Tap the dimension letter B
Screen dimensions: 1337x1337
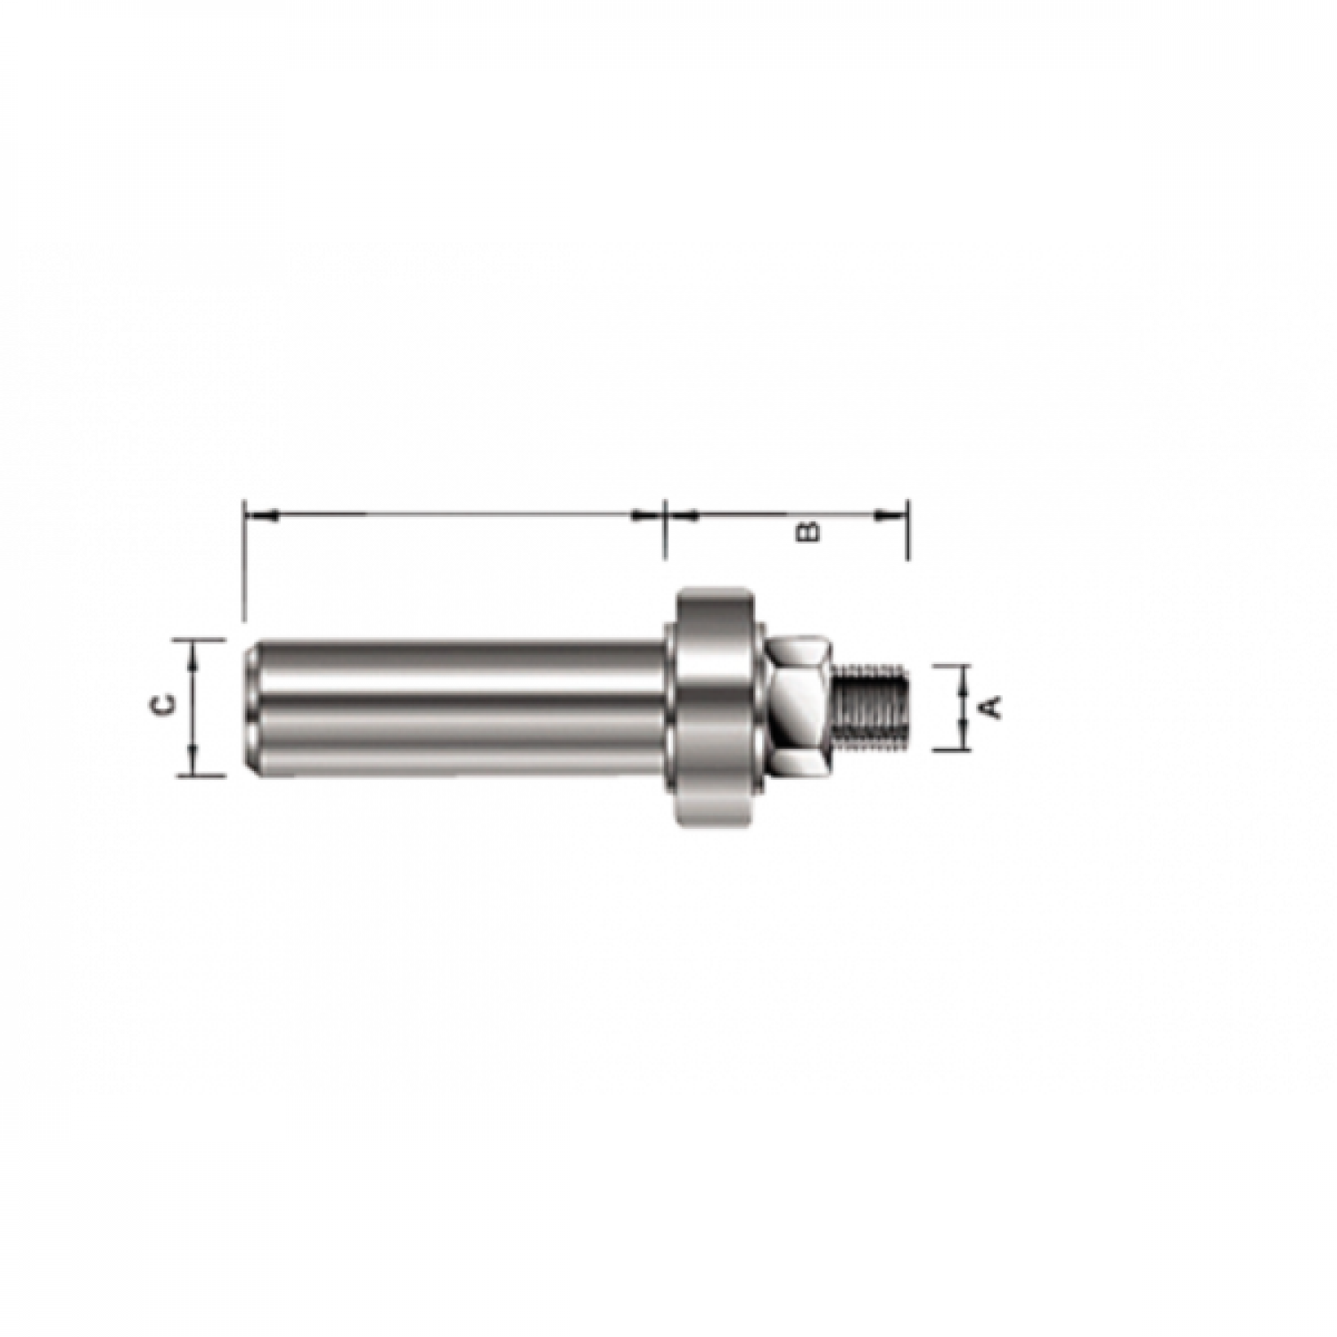pos(808,531)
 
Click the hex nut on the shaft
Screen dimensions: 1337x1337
pos(800,704)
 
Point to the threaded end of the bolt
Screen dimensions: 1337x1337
pos(872,704)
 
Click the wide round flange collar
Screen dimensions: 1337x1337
pos(714,705)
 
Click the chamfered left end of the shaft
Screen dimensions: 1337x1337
pos(252,709)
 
